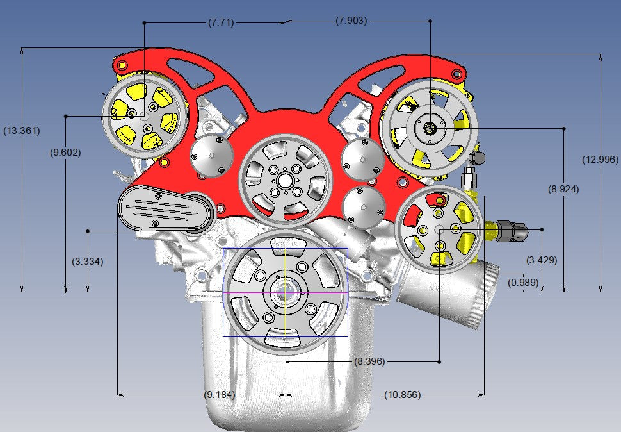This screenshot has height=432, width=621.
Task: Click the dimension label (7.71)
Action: click(221, 22)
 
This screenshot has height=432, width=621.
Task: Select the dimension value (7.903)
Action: click(351, 21)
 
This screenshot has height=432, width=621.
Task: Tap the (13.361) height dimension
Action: click(22, 130)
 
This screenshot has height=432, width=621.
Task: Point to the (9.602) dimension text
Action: click(65, 152)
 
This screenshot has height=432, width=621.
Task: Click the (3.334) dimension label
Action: click(88, 261)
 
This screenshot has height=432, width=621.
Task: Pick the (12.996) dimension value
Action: click(600, 160)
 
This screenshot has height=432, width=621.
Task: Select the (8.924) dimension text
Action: click(563, 189)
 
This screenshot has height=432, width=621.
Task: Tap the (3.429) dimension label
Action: click(542, 260)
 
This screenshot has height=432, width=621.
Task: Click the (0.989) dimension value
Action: click(523, 282)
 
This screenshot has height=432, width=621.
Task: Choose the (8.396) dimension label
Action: click(369, 361)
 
